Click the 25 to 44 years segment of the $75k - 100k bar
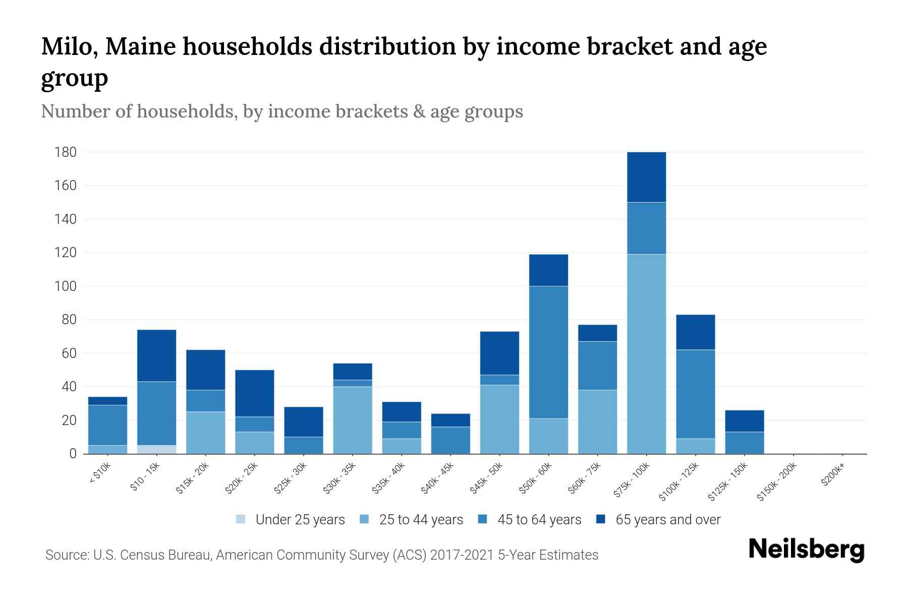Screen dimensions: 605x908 click(646, 353)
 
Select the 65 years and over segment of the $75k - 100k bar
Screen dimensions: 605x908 click(646, 177)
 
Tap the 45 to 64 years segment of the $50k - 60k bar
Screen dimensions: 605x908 click(548, 352)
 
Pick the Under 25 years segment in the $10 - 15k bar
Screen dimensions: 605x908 click(156, 449)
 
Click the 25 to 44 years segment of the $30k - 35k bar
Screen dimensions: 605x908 click(353, 420)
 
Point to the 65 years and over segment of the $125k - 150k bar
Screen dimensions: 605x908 click(744, 421)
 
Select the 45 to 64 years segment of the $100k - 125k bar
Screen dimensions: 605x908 click(695, 394)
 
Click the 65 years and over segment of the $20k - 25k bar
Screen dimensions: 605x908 click(254, 393)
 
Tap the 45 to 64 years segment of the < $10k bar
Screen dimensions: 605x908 click(107, 425)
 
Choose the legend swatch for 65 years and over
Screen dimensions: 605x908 click(601, 519)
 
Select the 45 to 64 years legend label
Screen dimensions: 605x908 click(539, 520)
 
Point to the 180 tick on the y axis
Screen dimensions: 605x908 click(66, 152)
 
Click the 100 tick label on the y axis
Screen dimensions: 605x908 click(66, 286)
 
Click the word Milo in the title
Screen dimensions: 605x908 click(69, 46)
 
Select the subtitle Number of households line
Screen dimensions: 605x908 click(281, 111)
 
